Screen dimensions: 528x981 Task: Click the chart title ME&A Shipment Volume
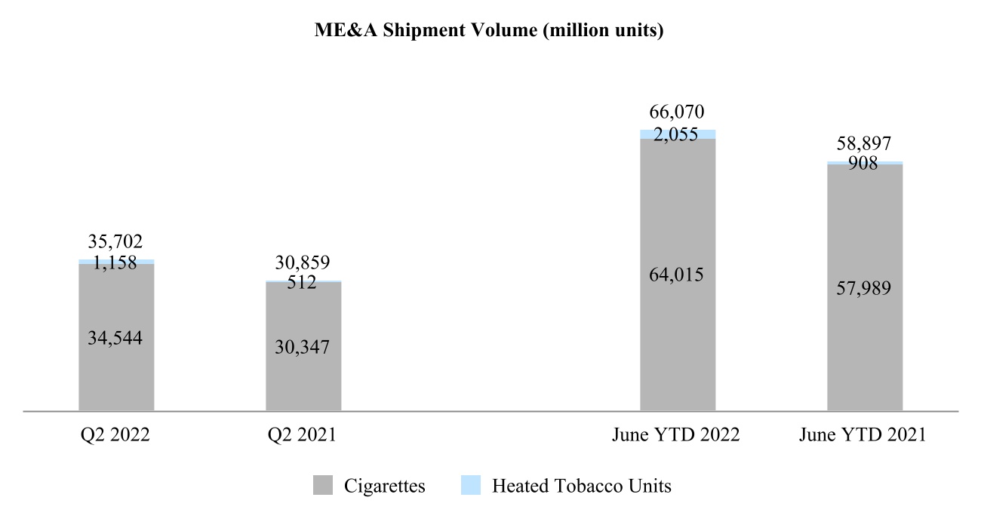(489, 32)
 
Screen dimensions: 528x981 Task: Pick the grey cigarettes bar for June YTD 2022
(678, 339)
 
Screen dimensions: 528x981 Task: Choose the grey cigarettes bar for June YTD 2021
(865, 347)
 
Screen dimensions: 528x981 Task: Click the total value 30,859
(303, 263)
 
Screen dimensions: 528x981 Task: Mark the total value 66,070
(677, 112)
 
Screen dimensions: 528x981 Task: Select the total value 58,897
(864, 145)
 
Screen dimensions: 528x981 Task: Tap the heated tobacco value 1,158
(116, 263)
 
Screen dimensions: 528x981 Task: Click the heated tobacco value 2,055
(677, 134)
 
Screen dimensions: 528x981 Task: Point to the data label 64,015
(677, 275)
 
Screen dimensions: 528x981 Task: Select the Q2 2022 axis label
(115, 435)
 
